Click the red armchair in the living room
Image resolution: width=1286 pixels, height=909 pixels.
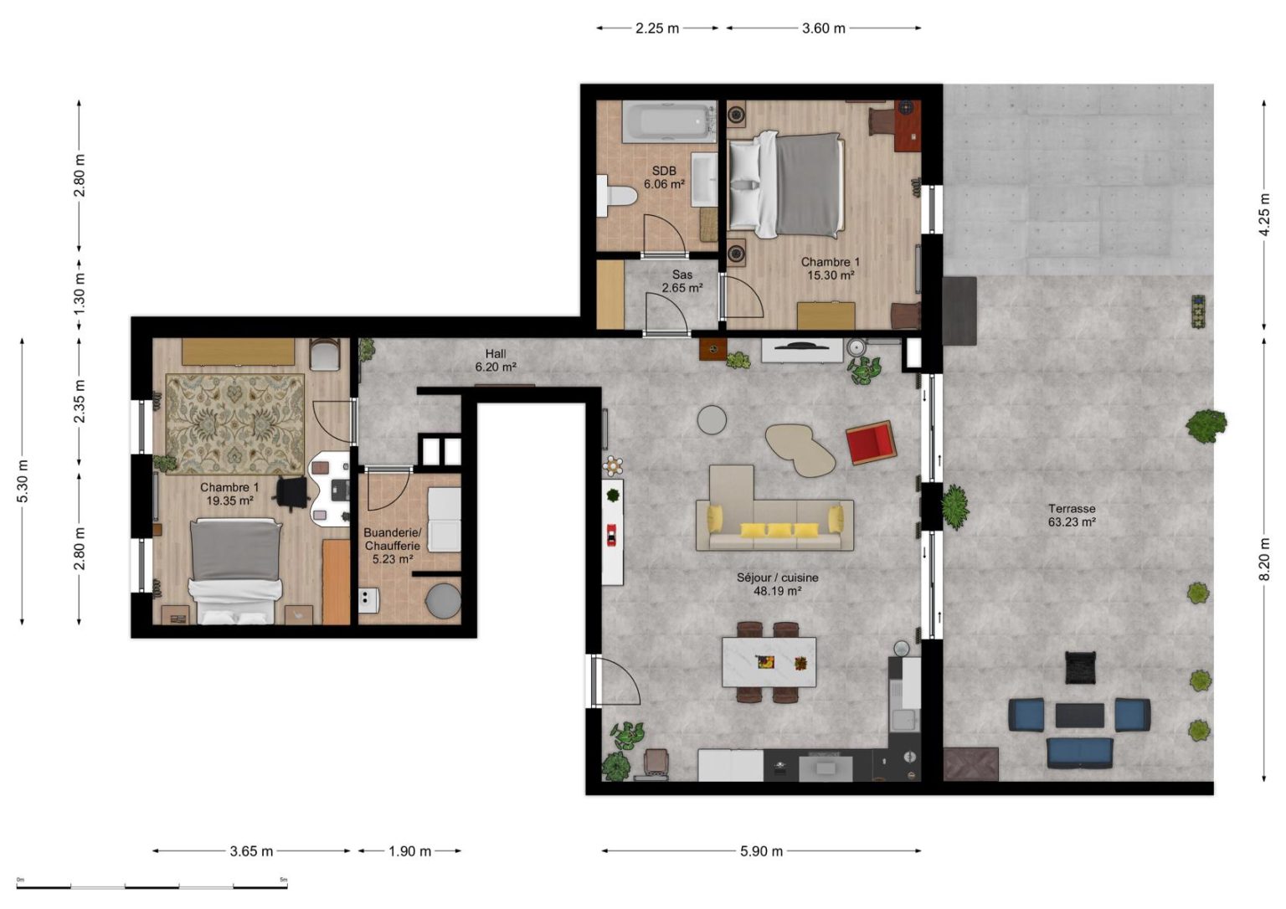click(x=871, y=442)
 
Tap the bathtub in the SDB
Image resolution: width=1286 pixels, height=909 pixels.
click(x=670, y=121)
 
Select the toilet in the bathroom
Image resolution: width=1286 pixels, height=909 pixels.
click(x=616, y=196)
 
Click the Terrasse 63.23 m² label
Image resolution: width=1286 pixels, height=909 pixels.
click(x=1072, y=515)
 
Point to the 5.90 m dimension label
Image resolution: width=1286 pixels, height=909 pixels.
click(x=761, y=851)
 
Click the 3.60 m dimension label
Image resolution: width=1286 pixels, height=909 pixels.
click(x=823, y=28)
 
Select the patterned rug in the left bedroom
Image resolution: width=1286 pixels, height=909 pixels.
click(x=234, y=424)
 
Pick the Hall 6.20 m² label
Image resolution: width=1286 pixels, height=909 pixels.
click(x=496, y=360)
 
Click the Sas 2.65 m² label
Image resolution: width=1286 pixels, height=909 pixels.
click(x=682, y=281)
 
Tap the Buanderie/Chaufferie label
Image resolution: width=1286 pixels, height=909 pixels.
click(x=392, y=538)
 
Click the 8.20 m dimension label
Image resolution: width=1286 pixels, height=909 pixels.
click(x=1264, y=559)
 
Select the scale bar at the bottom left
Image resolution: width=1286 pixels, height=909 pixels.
click(x=152, y=887)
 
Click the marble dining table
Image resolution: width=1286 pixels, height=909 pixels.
click(x=769, y=662)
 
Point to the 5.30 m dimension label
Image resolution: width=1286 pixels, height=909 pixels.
click(x=23, y=481)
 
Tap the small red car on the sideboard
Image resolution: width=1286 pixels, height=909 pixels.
click(x=611, y=535)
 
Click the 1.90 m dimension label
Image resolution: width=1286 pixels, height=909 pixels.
click(x=409, y=851)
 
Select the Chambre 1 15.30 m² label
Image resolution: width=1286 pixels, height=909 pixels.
click(x=831, y=268)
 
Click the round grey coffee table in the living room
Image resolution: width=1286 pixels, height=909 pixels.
click(x=712, y=419)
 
